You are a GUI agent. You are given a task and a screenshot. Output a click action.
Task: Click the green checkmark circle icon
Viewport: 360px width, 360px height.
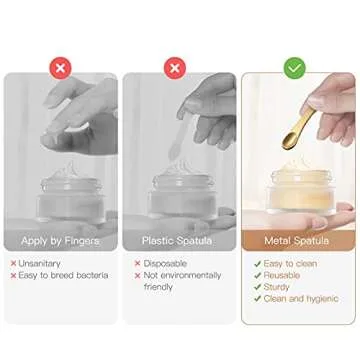pos(295,68)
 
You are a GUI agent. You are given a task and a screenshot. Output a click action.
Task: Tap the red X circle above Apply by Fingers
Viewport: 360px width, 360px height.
pos(60,68)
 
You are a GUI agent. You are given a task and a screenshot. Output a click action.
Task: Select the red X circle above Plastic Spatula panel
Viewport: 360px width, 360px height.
pos(177,68)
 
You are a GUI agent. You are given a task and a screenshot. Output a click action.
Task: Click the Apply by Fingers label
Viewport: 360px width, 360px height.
pos(60,241)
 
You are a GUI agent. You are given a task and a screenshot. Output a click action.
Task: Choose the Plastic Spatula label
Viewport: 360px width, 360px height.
pos(178,241)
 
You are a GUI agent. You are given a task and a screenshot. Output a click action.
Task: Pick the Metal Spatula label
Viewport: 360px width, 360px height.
pos(297,241)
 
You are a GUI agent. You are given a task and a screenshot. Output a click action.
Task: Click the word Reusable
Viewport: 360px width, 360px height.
pos(285,275)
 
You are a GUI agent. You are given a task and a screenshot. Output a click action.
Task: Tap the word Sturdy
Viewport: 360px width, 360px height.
pos(279,287)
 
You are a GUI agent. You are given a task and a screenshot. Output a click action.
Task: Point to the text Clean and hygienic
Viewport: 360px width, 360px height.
pos(301,298)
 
